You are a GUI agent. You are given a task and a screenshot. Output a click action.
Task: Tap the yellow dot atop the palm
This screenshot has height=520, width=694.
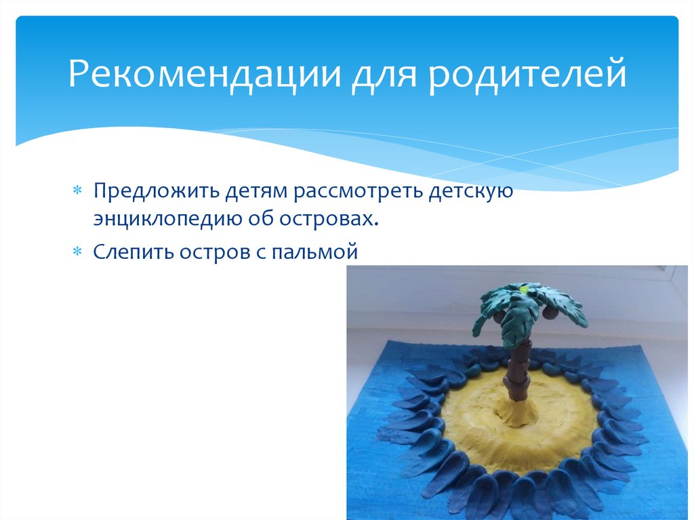[523, 287]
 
